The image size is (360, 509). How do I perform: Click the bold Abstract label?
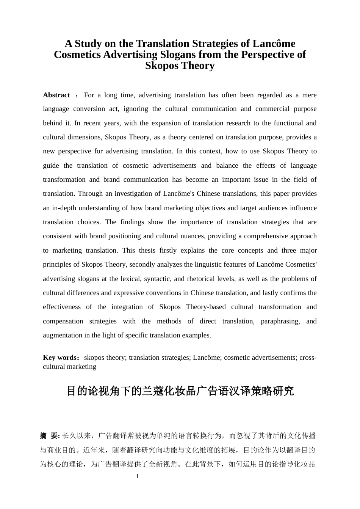point(56,95)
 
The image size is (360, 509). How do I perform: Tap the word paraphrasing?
point(280,321)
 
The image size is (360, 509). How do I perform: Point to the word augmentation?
point(62,335)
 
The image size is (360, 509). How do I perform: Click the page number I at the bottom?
point(137,476)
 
